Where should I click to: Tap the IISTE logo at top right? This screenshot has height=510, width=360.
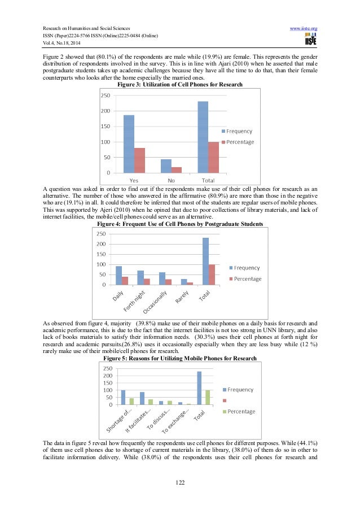pyautogui.click(x=310, y=40)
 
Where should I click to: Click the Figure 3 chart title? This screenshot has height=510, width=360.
pyautogui.click(x=179, y=85)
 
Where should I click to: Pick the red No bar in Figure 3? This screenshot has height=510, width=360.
pyautogui.click(x=177, y=169)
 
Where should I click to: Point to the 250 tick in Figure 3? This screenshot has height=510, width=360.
pyautogui.click(x=106, y=95)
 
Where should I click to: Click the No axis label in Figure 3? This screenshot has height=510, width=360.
pyautogui.click(x=171, y=180)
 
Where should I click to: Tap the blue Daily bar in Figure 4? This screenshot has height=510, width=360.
pyautogui.click(x=118, y=275)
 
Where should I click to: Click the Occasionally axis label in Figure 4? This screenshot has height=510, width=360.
pyautogui.click(x=155, y=302)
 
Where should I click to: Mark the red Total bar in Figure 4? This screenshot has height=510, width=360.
pyautogui.click(x=212, y=274)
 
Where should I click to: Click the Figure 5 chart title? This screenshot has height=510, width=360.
pyautogui.click(x=179, y=359)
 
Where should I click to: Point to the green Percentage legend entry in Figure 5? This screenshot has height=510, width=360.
pyautogui.click(x=239, y=411)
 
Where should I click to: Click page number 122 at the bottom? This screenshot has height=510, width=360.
pyautogui.click(x=179, y=482)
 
